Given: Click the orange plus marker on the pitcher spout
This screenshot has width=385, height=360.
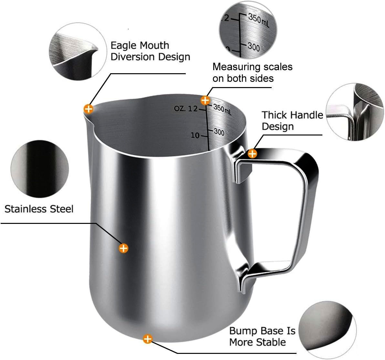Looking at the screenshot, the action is [88, 109].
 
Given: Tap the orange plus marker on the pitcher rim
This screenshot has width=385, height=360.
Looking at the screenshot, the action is [205, 100].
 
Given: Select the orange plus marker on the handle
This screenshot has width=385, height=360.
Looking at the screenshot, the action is [252, 154].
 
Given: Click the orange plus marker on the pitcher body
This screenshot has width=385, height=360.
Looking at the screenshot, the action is [123, 248].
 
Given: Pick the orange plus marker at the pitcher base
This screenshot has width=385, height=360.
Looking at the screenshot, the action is [147, 339].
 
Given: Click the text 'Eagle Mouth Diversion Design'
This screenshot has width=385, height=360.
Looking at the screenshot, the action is [150, 51].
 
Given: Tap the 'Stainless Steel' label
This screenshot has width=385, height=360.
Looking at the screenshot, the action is [39, 209].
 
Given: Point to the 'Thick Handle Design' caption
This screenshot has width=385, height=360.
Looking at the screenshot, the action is [292, 121].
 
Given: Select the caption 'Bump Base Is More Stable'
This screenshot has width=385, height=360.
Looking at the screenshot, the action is [262, 336].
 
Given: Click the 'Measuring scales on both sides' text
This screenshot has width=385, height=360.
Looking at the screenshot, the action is [252, 72].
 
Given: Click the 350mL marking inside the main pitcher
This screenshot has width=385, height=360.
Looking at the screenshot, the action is [222, 109].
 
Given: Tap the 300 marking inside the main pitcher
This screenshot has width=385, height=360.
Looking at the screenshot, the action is [219, 132].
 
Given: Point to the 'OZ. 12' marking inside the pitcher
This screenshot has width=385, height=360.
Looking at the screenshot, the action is [186, 108].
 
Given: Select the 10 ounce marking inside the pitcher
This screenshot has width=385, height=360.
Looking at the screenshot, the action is [195, 135].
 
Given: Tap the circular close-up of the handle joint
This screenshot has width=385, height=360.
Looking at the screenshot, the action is [355, 112].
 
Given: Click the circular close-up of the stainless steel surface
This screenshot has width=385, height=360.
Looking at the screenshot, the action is [39, 169].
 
